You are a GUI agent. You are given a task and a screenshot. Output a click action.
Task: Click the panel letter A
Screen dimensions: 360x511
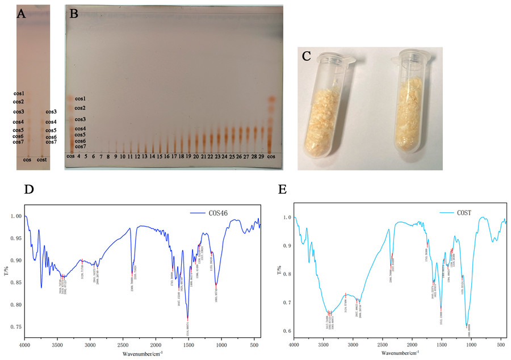[x=22, y=15]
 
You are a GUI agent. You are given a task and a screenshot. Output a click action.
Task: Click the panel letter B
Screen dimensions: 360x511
[x=73, y=15]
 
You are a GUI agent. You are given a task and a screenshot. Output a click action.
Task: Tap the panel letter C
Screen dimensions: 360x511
[x=307, y=56]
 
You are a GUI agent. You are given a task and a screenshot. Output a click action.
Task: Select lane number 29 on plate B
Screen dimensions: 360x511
[x=262, y=156]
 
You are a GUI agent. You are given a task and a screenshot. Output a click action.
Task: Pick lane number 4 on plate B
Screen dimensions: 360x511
[x=78, y=156]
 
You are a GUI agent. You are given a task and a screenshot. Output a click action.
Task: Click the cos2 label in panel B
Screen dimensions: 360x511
[x=80, y=108]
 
